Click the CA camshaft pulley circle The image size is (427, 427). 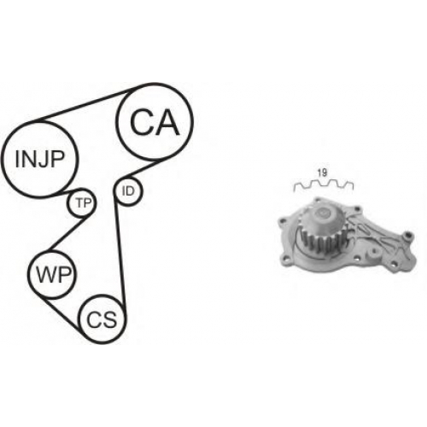pos(155,84)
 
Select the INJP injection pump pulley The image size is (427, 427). pos(39,122)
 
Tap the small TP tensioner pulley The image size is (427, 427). pos(82,190)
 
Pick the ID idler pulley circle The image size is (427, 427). pos(128,178)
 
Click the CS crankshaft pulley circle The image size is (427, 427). pos(102,295)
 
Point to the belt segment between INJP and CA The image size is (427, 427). pos(85,104)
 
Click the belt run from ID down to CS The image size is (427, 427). pos(120,250)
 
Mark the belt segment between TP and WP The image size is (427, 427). pos(68,232)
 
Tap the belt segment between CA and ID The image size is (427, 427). pos(139,170)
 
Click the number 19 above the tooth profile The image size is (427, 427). pos(322,173)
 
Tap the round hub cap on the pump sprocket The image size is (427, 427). pos(323,213)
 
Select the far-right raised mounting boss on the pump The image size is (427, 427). pos(409,236)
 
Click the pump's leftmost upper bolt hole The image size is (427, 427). pos(283,220)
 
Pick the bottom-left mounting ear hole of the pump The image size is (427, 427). pos(285,260)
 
